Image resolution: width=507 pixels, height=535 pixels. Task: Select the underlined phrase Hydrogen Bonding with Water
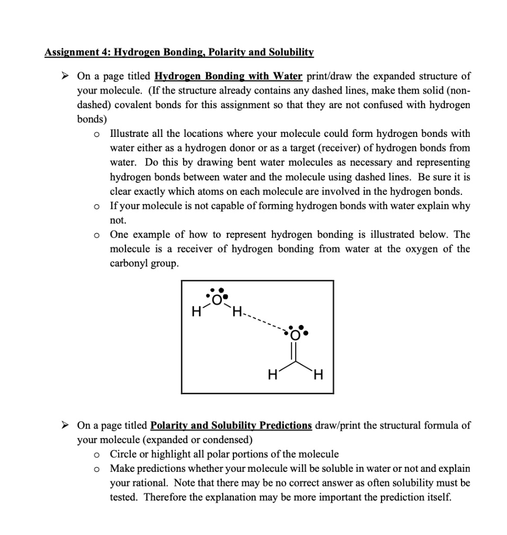click(229, 76)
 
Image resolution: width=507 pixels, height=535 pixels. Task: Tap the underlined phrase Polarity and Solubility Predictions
click(231, 425)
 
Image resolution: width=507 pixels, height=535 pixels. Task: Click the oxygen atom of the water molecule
click(216, 299)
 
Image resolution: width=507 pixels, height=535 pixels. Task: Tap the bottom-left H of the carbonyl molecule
click(271, 375)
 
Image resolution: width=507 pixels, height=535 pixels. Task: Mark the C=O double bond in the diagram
click(296, 350)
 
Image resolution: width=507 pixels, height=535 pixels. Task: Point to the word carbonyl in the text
click(129, 263)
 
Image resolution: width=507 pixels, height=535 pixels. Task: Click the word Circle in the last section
click(122, 454)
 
